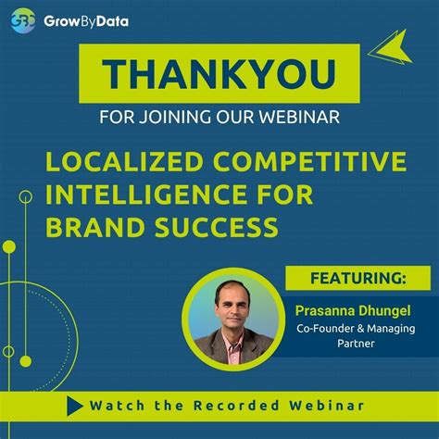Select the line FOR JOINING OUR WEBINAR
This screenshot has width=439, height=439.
point(219,118)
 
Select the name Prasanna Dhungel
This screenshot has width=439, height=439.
point(352,307)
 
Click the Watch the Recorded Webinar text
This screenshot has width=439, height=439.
point(226,406)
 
